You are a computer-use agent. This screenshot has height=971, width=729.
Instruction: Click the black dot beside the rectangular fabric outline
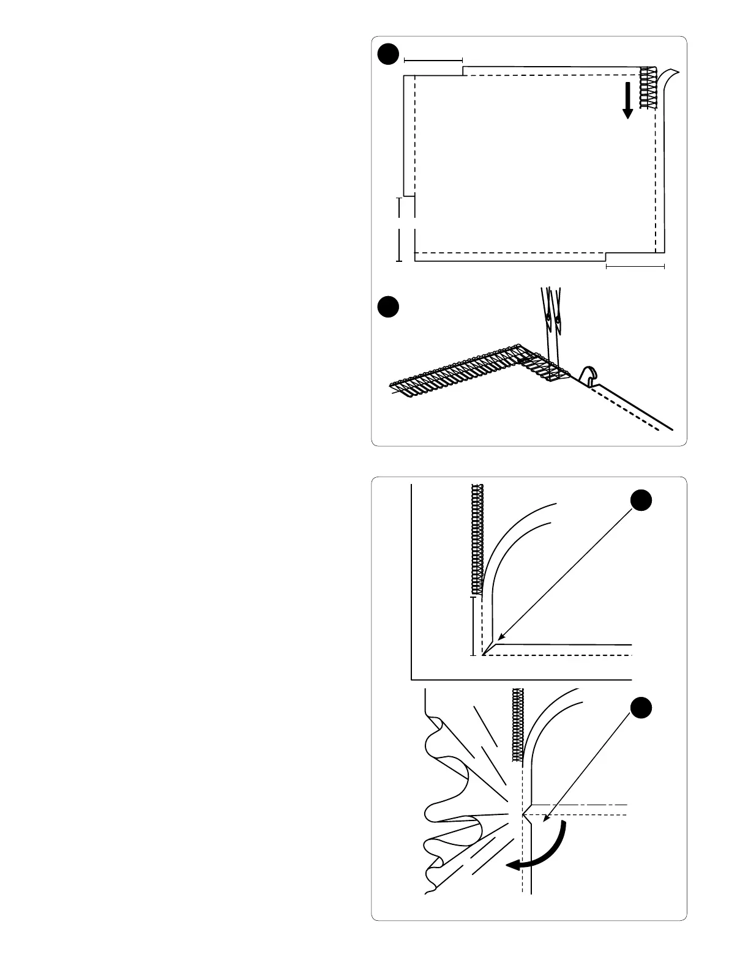387,54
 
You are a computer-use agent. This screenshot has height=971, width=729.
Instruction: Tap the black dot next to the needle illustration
387,307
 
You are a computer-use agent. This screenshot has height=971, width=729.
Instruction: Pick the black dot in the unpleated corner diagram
641,500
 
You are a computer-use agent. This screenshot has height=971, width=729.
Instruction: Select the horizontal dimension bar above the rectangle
433,61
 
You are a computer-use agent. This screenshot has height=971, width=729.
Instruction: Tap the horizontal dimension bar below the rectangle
635,266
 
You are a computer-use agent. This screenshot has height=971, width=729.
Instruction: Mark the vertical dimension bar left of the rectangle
400,229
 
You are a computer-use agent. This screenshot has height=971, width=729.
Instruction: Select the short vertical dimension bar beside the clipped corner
473,625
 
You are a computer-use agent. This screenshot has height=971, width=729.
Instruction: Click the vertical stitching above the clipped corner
477,538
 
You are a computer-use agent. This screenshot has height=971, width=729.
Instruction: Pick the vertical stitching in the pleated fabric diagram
518,724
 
